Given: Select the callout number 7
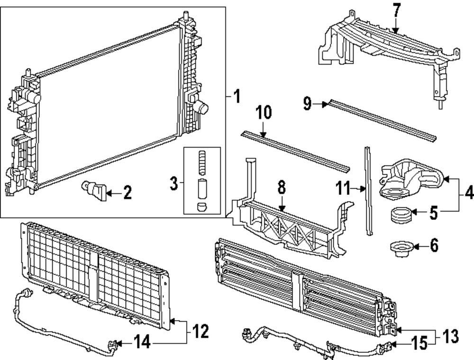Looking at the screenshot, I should [397, 9].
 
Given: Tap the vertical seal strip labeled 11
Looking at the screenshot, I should [369, 190].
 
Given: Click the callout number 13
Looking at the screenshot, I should [451, 336].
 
